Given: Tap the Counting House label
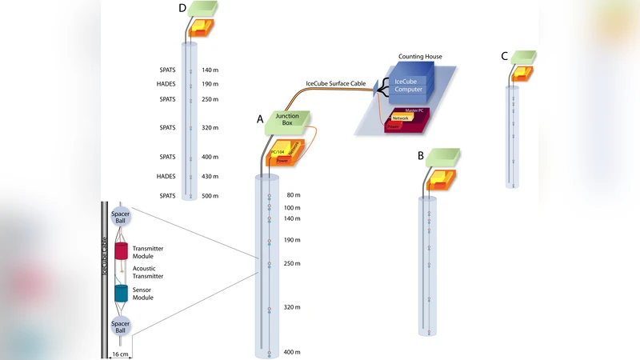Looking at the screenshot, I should tap(420, 57).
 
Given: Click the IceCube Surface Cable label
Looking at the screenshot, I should tap(335, 83).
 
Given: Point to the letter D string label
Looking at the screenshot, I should tap(183, 8).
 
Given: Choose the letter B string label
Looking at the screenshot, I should tap(421, 156).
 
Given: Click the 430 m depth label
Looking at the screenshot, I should tap(211, 177).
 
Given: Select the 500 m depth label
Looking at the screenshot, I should tap(211, 196).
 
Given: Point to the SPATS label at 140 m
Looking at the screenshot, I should tap(167, 70).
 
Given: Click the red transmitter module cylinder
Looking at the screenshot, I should tap(122, 251).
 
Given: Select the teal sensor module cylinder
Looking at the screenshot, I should tap(122, 293).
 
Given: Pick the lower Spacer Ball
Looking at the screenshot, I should tap(122, 327).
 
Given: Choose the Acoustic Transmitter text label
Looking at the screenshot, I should tap(153, 272).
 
